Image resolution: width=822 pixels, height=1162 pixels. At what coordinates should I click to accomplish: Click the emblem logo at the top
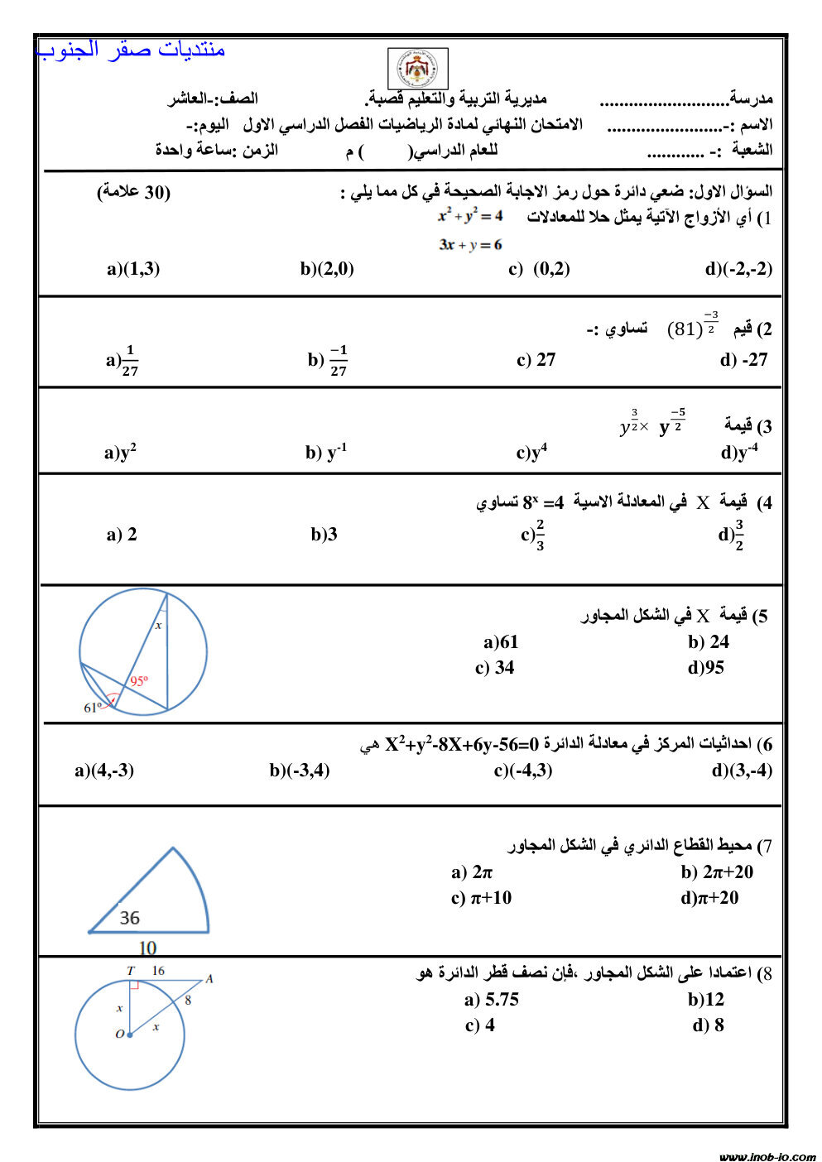point(418,69)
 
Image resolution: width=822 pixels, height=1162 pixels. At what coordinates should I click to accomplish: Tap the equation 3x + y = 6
point(470,245)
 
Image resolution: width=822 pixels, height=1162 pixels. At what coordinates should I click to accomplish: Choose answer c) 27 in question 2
point(536,360)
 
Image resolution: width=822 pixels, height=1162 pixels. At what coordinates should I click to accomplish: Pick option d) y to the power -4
point(739,452)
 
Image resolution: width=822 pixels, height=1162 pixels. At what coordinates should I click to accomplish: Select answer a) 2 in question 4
point(122,535)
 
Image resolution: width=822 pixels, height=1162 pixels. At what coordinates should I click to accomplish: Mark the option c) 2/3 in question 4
point(533,535)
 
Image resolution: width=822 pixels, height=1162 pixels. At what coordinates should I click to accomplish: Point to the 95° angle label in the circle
point(138,681)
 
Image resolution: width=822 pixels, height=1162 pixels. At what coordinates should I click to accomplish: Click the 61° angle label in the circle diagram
point(93,708)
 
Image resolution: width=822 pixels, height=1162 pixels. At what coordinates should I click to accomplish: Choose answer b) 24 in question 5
point(709,642)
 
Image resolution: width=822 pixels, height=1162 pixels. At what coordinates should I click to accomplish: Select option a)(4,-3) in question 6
point(104,771)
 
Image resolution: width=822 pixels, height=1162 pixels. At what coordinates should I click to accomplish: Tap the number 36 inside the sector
point(130,918)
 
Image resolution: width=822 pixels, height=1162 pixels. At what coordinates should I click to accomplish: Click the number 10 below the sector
point(147,948)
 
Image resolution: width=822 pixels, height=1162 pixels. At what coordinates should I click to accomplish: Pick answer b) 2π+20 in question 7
point(717,872)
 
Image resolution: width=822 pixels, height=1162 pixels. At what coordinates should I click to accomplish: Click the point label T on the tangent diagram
point(130,971)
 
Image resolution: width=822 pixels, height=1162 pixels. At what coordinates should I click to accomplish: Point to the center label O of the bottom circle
point(119,1034)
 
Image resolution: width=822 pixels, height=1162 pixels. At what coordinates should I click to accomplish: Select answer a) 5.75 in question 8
point(492,1000)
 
